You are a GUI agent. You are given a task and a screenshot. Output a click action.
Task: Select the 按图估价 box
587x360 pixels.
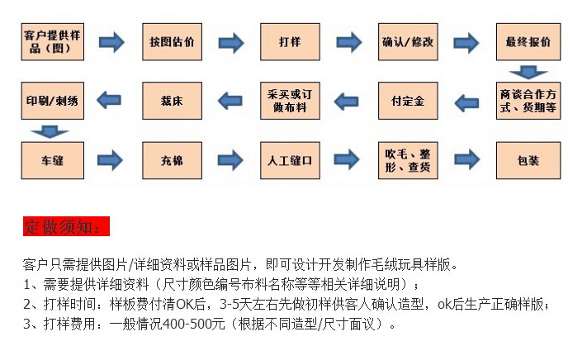tap(172, 42)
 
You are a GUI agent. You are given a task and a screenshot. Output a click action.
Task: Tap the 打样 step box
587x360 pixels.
tap(290, 42)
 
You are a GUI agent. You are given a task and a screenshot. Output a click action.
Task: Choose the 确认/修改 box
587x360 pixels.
tap(407, 42)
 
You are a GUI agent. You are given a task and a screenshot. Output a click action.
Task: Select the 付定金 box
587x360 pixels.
tap(407, 101)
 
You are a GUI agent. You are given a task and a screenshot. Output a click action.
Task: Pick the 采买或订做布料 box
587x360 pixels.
tap(290, 101)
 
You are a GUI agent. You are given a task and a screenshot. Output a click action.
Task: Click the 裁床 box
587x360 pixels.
tap(172, 101)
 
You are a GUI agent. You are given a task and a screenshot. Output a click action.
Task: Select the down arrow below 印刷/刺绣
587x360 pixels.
tap(52, 130)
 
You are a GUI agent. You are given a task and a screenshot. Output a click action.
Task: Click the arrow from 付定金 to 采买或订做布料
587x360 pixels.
tap(348, 101)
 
